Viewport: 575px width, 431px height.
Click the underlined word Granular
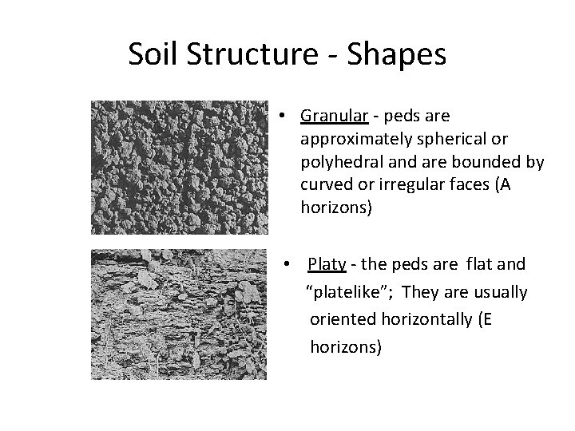pos(334,117)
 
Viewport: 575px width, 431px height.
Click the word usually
pos(501,292)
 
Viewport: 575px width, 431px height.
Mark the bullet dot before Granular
pos(284,117)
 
